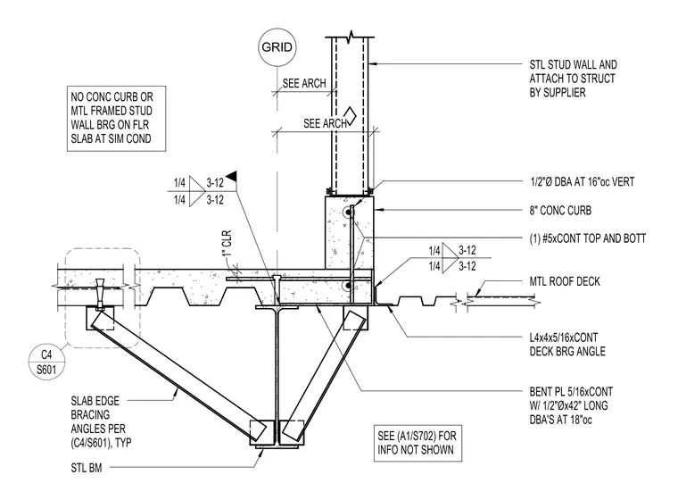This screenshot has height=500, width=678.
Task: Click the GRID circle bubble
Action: coord(277,47)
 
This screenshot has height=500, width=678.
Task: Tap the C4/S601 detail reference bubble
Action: coord(46,363)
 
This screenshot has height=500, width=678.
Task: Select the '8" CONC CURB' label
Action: coord(560,211)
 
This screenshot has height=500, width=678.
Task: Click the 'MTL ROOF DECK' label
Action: coord(565,281)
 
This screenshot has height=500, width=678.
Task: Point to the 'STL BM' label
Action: coord(87,468)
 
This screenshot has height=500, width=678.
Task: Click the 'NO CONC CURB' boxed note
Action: coord(116,118)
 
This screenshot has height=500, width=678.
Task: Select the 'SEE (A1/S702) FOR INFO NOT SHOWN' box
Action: coord(418,443)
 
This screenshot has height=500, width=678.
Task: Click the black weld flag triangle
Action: coord(231,175)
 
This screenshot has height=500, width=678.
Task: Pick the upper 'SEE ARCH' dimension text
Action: coord(304,83)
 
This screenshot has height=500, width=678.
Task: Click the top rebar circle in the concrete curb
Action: coord(348,212)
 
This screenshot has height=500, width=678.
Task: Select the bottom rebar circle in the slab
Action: coord(348,286)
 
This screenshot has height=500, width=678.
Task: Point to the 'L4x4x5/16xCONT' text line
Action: coord(564,337)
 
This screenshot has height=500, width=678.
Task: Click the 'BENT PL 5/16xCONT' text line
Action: coord(571,392)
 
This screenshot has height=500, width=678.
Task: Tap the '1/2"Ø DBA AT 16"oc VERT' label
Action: coord(582,182)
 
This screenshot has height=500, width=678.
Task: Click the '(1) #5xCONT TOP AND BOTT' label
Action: coord(588,238)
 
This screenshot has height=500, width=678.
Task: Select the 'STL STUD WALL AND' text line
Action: coord(574,65)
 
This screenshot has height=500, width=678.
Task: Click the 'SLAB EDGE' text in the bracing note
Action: coord(95,401)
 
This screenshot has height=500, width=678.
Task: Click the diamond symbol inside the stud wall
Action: coord(351,116)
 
